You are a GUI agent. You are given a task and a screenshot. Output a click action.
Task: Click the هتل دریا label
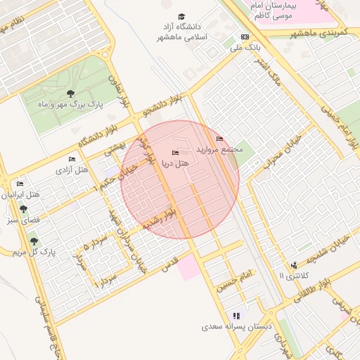click(x=176, y=163)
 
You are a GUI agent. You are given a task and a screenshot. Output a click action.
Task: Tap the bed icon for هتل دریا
click(x=175, y=153)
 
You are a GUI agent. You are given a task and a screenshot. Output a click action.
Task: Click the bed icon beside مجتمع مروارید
click(x=219, y=139)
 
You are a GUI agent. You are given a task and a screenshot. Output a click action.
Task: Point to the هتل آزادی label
click(x=72, y=169)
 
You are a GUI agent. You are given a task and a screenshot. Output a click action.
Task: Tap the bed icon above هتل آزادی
click(x=72, y=160)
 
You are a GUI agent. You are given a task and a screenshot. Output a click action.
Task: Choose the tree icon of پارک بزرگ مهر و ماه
click(x=69, y=93)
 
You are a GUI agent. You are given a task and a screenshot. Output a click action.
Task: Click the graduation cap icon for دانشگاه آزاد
click(x=182, y=16)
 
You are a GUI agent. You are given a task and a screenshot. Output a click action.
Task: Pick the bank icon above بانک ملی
click(x=245, y=37)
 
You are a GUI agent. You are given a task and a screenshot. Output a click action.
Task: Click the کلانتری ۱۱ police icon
click(x=293, y=265)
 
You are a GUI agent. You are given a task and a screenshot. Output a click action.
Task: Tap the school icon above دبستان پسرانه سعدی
click(x=236, y=316)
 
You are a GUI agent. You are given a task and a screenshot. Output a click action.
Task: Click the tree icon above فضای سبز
click(x=25, y=209)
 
